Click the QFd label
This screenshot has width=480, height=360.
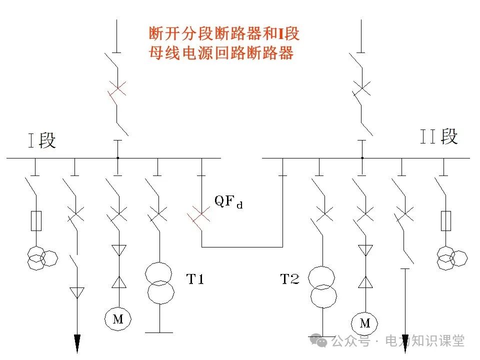tap(228, 201)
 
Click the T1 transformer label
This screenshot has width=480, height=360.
tap(195, 279)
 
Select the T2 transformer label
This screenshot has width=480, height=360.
tap(289, 279)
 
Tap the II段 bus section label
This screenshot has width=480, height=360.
tap(438, 136)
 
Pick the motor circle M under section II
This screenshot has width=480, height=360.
tap(365, 323)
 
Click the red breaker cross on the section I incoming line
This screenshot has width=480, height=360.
tap(117, 90)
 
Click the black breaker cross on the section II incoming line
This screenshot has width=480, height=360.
tap(362, 90)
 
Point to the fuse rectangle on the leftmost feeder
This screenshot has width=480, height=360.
tap(36, 220)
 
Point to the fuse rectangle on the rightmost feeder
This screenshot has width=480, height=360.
tap(445, 220)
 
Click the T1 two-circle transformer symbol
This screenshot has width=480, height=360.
tap(159, 282)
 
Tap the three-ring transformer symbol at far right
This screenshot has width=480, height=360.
tap(451, 258)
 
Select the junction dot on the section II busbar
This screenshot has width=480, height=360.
tap(362, 158)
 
